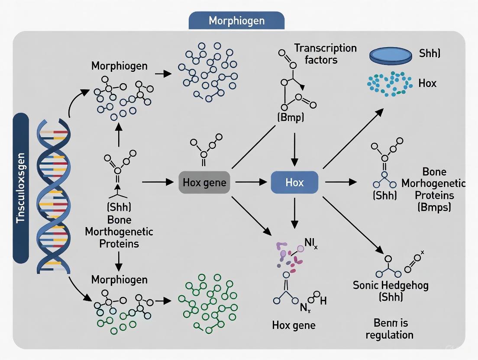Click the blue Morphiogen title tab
[236, 20]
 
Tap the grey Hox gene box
[204, 182]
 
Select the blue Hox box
[294, 182]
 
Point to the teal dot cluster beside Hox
[389, 83]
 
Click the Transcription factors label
[325, 53]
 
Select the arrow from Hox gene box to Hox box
[251, 182]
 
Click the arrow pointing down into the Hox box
[294, 149]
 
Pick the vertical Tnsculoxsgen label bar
[21, 188]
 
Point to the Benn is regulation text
[389, 329]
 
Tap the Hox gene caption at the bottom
[294, 325]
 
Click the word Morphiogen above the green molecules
[119, 280]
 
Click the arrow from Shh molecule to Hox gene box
[157, 182]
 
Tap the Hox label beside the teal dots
[427, 83]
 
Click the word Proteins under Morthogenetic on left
[119, 243]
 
